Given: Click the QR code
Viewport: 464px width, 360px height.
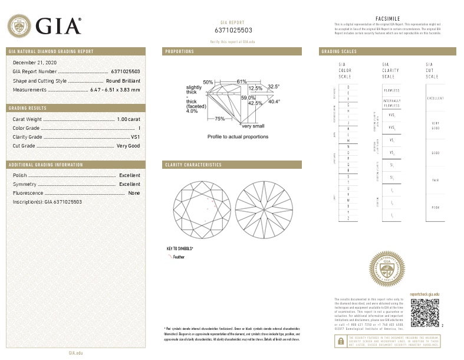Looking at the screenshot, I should [424, 312].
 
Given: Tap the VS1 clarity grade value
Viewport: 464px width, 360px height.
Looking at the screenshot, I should [135, 136].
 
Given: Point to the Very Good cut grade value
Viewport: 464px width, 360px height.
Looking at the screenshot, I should [128, 145].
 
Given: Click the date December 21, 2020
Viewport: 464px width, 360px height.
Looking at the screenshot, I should [32, 63].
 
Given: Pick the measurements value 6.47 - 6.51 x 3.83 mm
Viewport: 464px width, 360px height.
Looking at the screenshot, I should [115, 90].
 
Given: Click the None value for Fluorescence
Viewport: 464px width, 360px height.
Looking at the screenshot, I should [134, 193].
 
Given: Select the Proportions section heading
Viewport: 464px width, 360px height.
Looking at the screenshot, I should [180, 51].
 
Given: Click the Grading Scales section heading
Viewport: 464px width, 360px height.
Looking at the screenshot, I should [339, 51].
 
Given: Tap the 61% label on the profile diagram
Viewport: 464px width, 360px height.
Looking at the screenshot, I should [242, 81].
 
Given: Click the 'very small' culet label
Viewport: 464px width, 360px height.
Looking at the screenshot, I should [253, 126].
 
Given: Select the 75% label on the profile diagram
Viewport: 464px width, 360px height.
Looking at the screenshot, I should [219, 119].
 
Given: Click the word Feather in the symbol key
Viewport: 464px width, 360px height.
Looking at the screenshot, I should [179, 257].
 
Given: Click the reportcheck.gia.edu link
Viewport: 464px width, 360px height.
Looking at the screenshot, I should [424, 293].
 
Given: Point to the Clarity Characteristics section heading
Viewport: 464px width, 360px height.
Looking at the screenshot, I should [193, 165].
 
